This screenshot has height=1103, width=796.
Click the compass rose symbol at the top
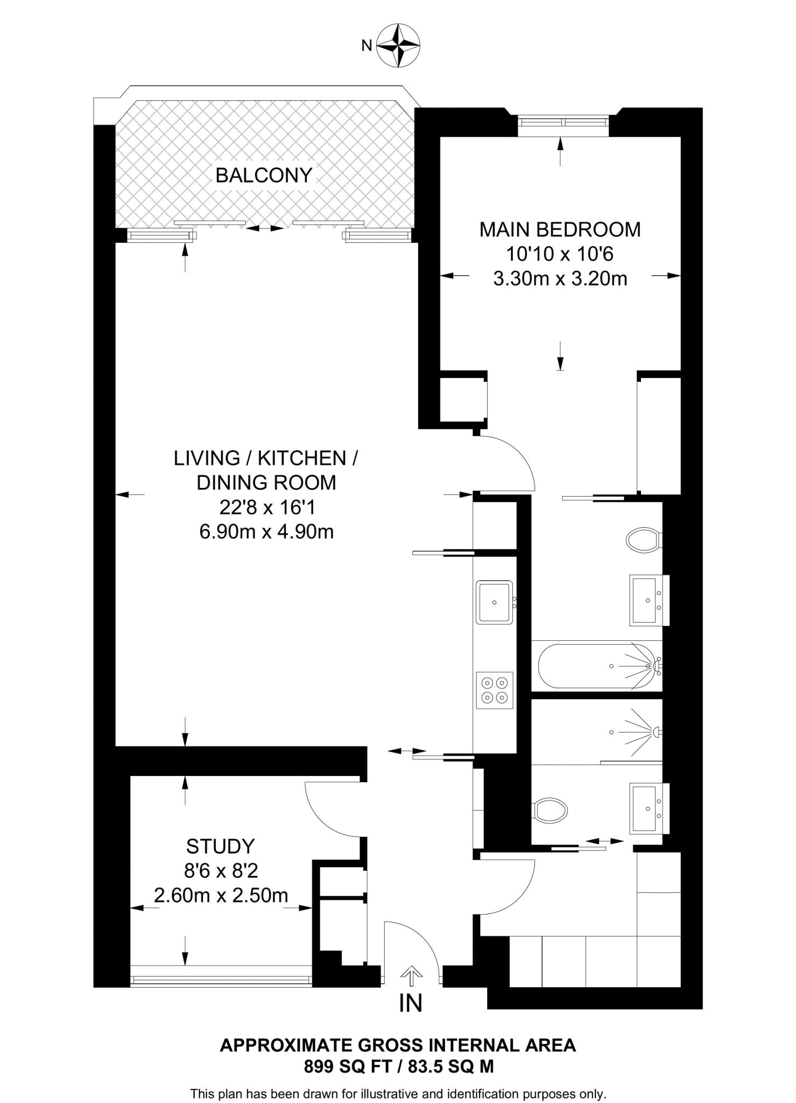click(398, 45)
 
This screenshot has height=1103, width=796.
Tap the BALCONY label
click(264, 176)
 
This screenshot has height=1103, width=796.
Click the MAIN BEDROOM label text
click(560, 230)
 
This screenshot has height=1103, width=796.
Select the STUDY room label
click(220, 847)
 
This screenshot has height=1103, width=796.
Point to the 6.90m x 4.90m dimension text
click(266, 532)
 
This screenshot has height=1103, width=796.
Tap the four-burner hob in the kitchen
click(495, 690)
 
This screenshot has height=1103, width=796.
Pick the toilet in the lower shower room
click(550, 809)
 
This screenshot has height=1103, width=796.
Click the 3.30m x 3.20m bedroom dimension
click(560, 279)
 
